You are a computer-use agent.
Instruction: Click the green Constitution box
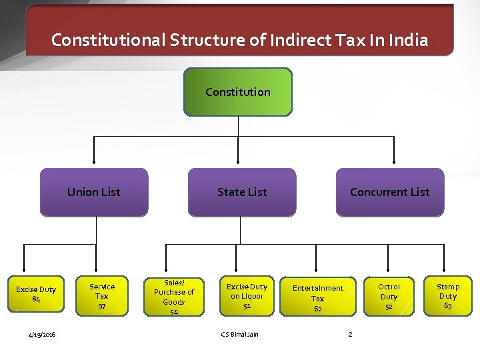(238, 92)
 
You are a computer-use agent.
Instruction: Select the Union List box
(94, 192)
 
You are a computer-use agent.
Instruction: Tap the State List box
(242, 192)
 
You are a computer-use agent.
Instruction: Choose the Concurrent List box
(390, 192)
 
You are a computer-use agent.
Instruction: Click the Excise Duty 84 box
(36, 295)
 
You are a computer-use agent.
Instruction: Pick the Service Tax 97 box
(102, 296)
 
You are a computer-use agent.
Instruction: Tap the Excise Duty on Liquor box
(247, 296)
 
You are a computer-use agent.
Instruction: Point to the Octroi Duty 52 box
(389, 296)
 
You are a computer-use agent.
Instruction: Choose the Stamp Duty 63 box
(448, 296)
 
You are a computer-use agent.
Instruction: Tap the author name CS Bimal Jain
(239, 334)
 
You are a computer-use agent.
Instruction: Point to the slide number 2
(350, 334)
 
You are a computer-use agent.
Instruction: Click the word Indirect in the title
(299, 40)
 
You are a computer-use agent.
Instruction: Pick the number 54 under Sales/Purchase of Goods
(174, 312)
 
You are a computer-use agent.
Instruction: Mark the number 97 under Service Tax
(102, 306)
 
